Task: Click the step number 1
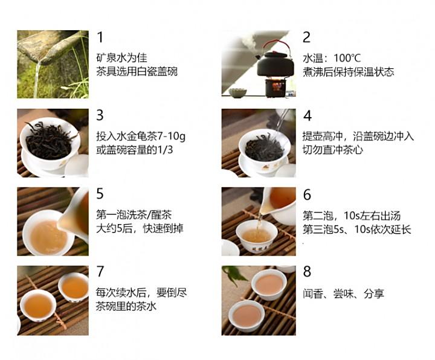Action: tap(100, 37)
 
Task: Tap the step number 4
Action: tap(308, 115)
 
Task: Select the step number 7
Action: tap(100, 272)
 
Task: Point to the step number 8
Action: tap(307, 272)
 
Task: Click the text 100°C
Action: tap(347, 58)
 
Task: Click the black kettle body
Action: tap(275, 65)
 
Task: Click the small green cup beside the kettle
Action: tap(238, 92)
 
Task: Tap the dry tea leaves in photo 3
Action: tap(49, 141)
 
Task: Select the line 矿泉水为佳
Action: tap(121, 58)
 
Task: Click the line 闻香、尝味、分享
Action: tap(343, 294)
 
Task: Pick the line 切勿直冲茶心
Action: tap(333, 150)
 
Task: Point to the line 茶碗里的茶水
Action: tap(126, 306)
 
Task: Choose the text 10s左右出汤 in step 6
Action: tap(372, 216)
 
